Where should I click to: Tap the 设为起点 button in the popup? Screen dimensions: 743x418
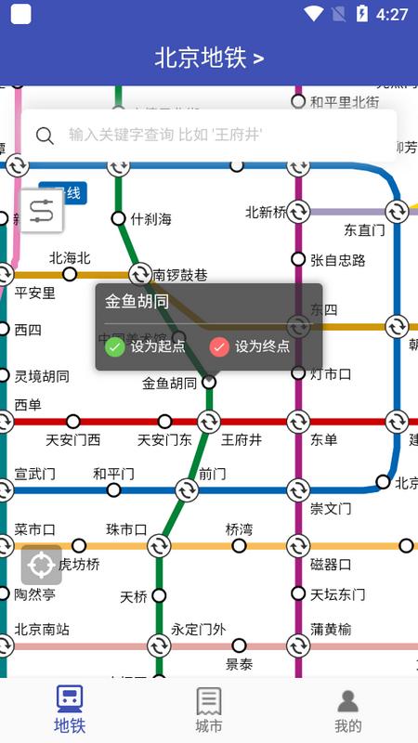tap(146, 346)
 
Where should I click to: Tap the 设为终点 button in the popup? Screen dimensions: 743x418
tap(250, 346)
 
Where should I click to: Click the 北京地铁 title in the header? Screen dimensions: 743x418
tap(209, 58)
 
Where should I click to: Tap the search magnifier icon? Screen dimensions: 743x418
tap(45, 136)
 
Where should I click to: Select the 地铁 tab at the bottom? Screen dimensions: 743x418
tap(69, 710)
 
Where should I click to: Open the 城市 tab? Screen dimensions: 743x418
tap(209, 710)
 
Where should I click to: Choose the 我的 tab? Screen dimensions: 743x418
tap(348, 710)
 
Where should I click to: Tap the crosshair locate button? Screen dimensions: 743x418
tap(42, 565)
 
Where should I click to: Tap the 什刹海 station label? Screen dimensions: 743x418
tap(151, 219)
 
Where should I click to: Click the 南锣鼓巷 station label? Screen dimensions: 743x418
tap(180, 275)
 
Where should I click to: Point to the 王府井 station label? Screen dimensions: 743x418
tap(242, 439)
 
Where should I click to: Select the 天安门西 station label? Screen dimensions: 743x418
tap(73, 439)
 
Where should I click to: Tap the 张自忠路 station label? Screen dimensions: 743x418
tap(338, 259)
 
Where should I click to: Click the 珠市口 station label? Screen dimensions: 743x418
tap(126, 529)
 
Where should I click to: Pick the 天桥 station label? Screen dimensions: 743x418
tap(134, 596)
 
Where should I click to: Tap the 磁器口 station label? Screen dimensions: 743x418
tap(331, 564)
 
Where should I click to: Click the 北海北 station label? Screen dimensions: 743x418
tap(70, 257)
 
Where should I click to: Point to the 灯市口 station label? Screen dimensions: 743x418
tap(331, 374)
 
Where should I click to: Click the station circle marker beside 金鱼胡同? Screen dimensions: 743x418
tap(209, 381)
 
